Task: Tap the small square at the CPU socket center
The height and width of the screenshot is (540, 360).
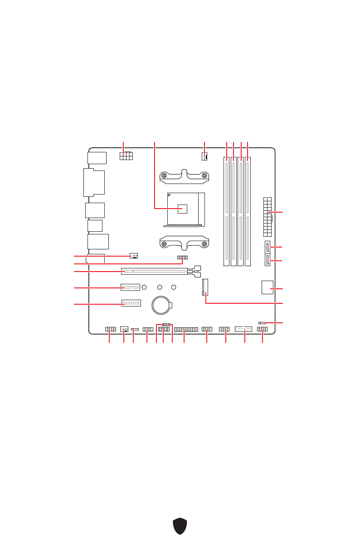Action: coord(182,209)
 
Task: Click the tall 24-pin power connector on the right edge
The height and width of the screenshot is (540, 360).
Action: coord(267,217)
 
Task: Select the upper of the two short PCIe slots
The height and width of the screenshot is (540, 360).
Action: coord(131,287)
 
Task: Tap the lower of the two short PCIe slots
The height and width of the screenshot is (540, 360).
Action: coord(131,303)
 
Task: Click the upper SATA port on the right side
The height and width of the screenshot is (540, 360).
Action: coord(267,248)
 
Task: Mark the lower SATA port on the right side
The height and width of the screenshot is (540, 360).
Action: coord(267,260)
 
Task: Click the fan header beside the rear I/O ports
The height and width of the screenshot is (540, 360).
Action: coord(133,256)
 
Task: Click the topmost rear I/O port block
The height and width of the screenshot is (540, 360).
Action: coord(96,158)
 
